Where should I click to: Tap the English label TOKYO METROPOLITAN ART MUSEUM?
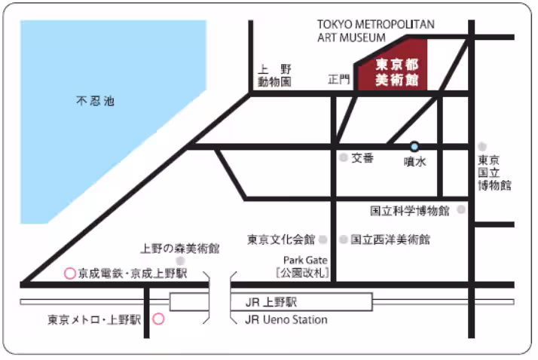coord(374,30)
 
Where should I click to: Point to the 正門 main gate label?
coord(340,79)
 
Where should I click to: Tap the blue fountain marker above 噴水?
coord(414,146)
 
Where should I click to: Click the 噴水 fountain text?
coord(415,160)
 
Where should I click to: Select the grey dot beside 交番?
coord(343,158)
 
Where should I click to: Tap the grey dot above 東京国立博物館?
coord(482,146)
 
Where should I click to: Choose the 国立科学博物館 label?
coord(410,211)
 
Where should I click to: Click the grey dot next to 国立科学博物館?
coord(460,211)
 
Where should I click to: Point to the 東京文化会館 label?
coord(281,239)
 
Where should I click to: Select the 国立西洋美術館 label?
coord(390,239)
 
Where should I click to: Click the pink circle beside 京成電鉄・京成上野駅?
coord(70,273)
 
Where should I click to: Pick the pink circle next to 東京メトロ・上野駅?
coord(158,319)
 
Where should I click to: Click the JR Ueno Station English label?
coord(286,319)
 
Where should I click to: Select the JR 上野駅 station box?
coord(271,302)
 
